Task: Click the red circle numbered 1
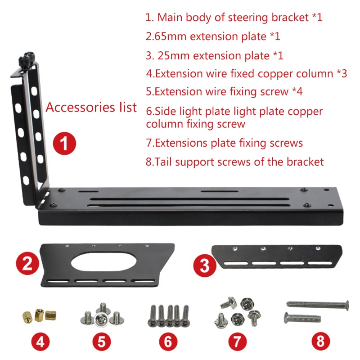pyautogui.click(x=64, y=144)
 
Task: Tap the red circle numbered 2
pyautogui.click(x=27, y=262)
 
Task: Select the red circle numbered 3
pyautogui.click(x=204, y=266)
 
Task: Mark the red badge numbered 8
pyautogui.click(x=320, y=341)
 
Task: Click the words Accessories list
pyautogui.click(x=91, y=108)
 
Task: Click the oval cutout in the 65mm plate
pyautogui.click(x=103, y=261)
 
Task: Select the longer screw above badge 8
pyautogui.click(x=317, y=305)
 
